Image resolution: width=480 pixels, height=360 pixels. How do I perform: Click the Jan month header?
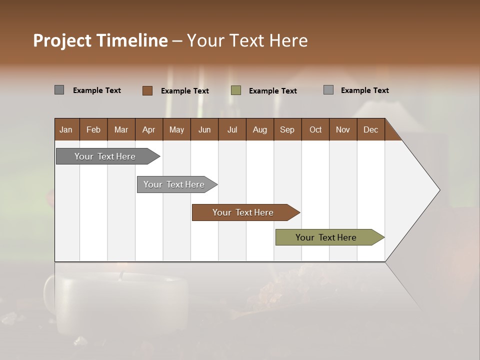coord(66,129)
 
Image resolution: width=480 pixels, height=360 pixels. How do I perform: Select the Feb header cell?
coord(93,129)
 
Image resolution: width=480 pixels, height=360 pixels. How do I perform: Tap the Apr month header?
coord(148,129)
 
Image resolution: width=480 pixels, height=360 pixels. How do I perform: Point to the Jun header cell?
coord(204,129)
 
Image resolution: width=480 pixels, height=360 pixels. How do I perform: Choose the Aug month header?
coord(259,129)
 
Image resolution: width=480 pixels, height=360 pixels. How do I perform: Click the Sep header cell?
coord(287,129)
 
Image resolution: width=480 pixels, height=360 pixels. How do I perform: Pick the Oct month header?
coord(315,129)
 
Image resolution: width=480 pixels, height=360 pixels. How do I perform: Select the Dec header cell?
coord(370,129)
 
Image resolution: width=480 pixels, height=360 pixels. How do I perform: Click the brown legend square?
coord(147,90)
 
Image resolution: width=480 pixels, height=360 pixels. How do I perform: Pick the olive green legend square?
coord(236,90)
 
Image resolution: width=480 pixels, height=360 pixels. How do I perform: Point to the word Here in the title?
coord(288,40)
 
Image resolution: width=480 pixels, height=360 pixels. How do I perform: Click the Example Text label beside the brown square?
coord(185,91)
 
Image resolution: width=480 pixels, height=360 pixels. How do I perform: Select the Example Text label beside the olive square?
coord(273,91)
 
